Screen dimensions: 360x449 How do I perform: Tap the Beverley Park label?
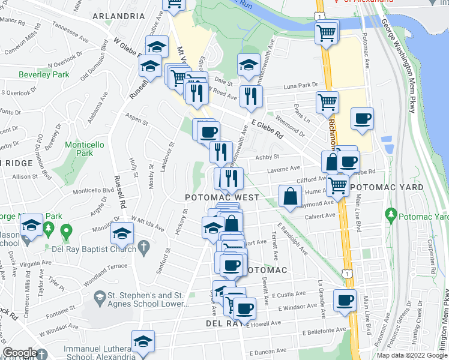44,75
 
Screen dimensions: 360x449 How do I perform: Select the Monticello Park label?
85,149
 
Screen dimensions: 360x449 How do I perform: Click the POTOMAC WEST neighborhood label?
221,197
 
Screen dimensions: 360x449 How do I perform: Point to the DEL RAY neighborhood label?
221,322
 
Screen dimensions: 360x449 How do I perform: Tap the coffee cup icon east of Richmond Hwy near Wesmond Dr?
361,119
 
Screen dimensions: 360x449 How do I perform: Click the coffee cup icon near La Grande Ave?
345,301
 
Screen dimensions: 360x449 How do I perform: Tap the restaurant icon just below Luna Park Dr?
250,96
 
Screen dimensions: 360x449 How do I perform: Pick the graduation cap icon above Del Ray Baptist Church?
122,233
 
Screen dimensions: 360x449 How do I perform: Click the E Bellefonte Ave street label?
325,330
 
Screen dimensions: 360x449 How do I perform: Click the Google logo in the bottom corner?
20,353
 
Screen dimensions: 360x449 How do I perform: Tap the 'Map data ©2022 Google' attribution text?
411,355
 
